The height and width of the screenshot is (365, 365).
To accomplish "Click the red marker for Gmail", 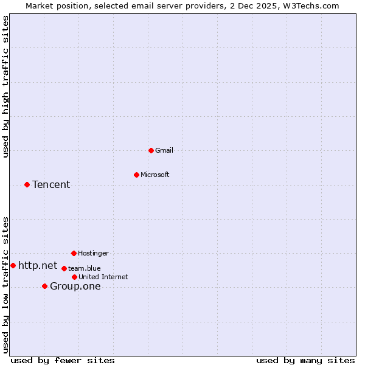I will tap(151, 150).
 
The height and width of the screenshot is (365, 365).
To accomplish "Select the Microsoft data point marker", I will tap(136, 175).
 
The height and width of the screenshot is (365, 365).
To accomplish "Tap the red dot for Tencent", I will tap(27, 184).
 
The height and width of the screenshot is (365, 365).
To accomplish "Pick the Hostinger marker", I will tap(74, 253).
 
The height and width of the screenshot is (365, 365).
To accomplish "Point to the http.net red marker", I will tap(13, 265).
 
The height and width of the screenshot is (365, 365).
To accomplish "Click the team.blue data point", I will tap(64, 268).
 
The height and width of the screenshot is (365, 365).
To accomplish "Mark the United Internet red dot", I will tap(74, 277).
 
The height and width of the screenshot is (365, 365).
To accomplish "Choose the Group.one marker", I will tap(44, 286).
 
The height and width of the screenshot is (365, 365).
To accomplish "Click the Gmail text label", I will tap(164, 150).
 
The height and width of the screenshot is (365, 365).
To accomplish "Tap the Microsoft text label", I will tap(155, 175).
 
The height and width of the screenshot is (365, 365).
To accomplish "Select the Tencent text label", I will tap(51, 184).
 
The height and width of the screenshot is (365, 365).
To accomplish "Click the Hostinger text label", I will tap(93, 253).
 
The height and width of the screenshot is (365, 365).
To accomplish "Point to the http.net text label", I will tap(38, 265).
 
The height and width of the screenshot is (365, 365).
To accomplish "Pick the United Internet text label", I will tap(103, 277).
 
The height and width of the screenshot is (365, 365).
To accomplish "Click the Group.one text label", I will tap(75, 286).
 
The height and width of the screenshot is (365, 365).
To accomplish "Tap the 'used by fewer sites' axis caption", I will tap(63, 360).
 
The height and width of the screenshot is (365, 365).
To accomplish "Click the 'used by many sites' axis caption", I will tap(305, 360).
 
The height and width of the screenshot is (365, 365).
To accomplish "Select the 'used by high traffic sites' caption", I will tap(5, 87).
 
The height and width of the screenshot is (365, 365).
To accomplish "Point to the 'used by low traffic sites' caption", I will tap(5, 285).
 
